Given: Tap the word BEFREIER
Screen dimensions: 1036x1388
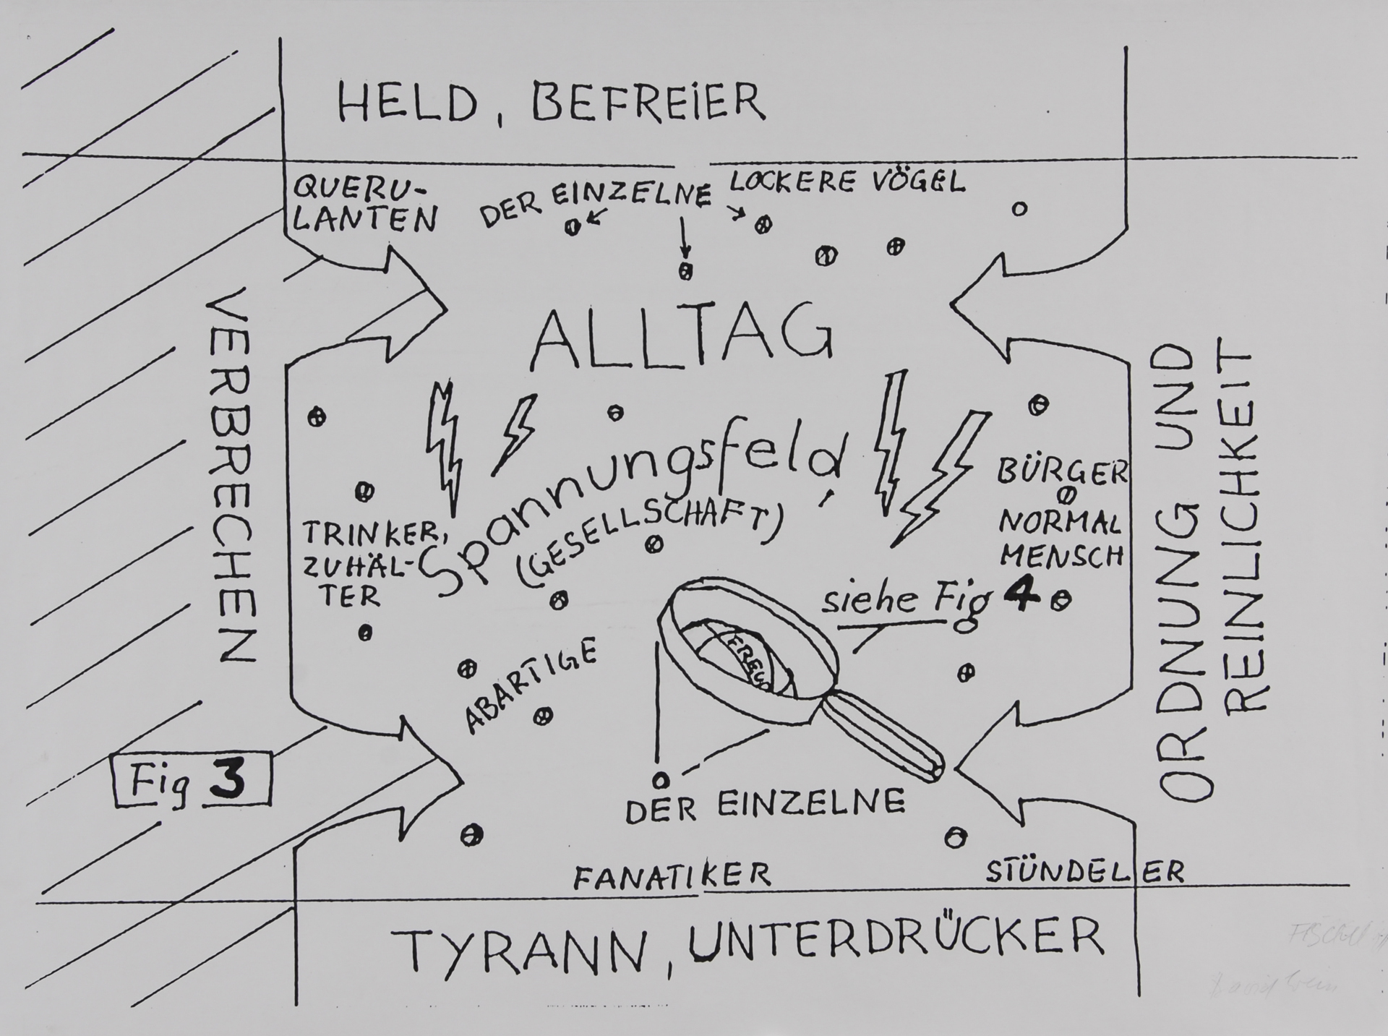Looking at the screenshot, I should tap(648, 103).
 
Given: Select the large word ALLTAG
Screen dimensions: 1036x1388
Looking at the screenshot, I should tap(682, 337).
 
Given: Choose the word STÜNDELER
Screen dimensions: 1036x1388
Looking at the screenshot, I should tap(1085, 870).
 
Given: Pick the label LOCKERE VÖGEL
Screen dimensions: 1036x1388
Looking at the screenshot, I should tap(847, 181).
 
